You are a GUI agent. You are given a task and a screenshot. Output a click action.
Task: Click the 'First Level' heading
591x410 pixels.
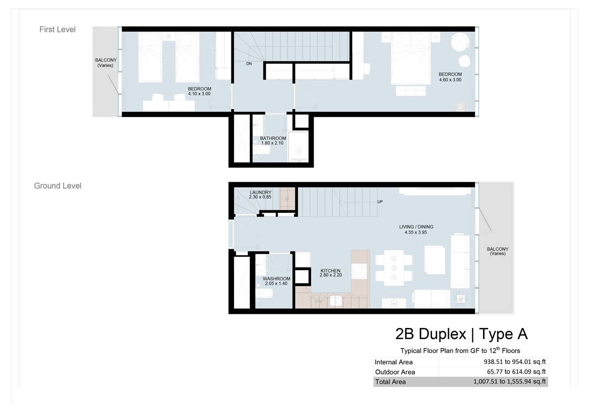tap(57, 30)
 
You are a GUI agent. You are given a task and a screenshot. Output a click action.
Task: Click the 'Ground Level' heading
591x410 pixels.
tap(58, 186)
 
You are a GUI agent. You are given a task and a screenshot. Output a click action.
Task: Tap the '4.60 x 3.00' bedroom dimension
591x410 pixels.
tap(450, 80)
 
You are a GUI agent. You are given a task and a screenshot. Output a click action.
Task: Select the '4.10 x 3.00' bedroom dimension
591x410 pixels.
tap(199, 94)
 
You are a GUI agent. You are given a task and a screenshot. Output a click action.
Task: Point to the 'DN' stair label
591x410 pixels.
tap(249, 64)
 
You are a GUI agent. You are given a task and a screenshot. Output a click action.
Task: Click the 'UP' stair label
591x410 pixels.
tap(380, 201)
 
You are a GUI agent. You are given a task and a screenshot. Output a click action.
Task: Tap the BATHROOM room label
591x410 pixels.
tap(273, 138)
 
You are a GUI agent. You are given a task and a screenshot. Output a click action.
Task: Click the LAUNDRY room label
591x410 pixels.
tap(260, 193)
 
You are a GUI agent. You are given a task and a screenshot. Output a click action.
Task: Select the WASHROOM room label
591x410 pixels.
tap(276, 279)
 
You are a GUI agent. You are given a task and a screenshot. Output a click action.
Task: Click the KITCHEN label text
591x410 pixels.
tap(331, 271)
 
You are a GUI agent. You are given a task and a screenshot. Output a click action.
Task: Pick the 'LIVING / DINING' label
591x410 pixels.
tap(416, 227)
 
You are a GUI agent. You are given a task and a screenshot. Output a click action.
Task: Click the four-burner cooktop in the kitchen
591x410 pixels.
tap(360, 272)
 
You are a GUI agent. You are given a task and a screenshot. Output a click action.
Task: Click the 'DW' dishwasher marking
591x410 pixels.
tap(319, 301)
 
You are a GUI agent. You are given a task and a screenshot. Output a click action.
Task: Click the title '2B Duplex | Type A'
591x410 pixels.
tap(461, 334)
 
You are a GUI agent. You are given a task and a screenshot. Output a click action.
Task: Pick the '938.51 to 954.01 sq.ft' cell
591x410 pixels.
tap(515, 362)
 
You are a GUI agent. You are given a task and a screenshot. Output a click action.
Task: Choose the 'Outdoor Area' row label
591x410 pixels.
tap(395, 372)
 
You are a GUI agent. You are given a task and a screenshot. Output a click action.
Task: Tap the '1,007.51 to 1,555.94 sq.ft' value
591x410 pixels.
tap(509, 382)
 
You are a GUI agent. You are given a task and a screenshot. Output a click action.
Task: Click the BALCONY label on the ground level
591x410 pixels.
tap(497, 249)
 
